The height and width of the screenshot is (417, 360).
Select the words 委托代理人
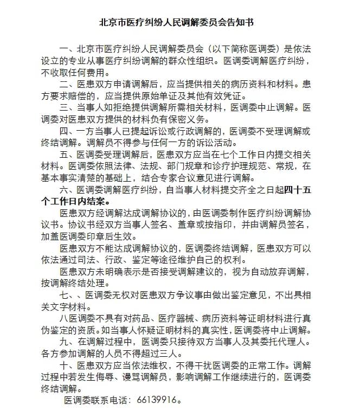click(x=284, y=342)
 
